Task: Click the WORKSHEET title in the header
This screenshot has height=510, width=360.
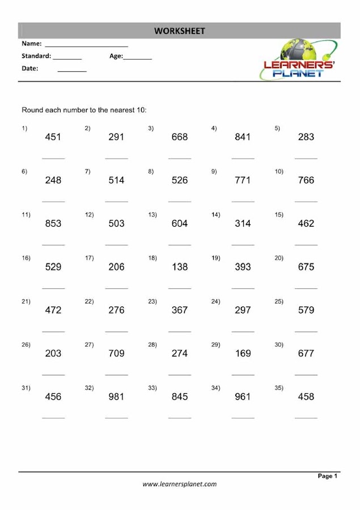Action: pyautogui.click(x=179, y=31)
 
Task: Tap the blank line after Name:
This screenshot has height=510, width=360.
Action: pyautogui.click(x=86, y=46)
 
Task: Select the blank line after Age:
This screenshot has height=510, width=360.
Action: pyautogui.click(x=138, y=59)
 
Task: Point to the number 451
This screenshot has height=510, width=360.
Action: pyautogui.click(x=53, y=137)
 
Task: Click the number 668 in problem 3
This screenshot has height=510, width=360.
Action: pyautogui.click(x=179, y=137)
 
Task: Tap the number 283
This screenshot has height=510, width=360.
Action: pyautogui.click(x=306, y=137)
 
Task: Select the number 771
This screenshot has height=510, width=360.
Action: pyautogui.click(x=243, y=180)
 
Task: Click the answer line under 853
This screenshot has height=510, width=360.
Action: pyautogui.click(x=53, y=245)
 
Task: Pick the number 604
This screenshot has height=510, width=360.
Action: pyautogui.click(x=179, y=224)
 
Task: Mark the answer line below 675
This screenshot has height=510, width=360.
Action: pyautogui.click(x=306, y=288)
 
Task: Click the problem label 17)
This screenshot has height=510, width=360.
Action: pyautogui.click(x=89, y=258)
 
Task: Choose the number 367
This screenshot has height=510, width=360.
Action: pyautogui.click(x=179, y=310)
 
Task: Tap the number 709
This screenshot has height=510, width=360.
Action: pyautogui.click(x=116, y=354)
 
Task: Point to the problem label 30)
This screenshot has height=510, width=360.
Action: pyautogui.click(x=279, y=345)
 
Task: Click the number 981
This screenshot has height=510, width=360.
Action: pyautogui.click(x=116, y=397)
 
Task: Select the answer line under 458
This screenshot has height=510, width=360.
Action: pyautogui.click(x=306, y=418)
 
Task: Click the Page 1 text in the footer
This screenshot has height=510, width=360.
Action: pyautogui.click(x=328, y=476)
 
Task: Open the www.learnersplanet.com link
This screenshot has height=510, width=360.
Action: pyautogui.click(x=179, y=484)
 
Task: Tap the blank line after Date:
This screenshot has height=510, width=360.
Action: pyautogui.click(x=72, y=71)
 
